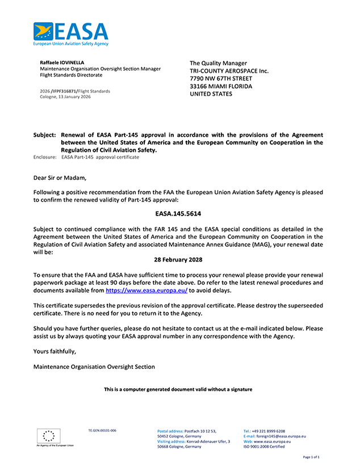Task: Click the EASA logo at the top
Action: [70, 33]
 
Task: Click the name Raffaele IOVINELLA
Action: [62, 61]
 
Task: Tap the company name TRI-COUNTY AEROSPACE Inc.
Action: [229, 71]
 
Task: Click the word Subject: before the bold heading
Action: [44, 135]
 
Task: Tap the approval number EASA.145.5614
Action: [178, 215]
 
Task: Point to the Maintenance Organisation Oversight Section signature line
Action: [94, 367]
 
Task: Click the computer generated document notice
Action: [178, 389]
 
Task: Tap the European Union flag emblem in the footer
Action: [49, 436]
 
